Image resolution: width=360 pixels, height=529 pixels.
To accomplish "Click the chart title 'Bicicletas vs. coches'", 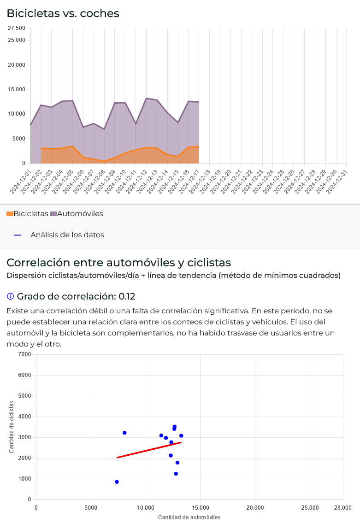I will (x=63, y=13).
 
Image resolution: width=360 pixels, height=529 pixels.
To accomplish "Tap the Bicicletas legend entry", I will (x=27, y=214).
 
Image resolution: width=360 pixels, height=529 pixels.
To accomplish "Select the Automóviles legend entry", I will (x=77, y=214).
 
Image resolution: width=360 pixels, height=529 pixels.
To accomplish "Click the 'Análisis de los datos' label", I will (x=67, y=235).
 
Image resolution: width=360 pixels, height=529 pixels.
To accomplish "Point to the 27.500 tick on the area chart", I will (x=17, y=29).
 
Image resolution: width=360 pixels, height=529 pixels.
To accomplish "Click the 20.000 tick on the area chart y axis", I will (x=17, y=65).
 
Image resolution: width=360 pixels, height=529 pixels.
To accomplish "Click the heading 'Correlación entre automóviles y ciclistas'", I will (x=118, y=263).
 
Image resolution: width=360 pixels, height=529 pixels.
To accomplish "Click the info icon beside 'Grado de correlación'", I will (x=10, y=297).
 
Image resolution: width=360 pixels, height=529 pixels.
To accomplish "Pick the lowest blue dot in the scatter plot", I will (x=117, y=482).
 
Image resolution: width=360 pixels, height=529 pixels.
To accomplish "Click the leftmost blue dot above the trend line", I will (x=124, y=433).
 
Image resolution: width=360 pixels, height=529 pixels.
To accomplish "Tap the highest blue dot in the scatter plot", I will (x=174, y=427).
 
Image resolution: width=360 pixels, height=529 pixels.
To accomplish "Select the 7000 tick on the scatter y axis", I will (x=25, y=354).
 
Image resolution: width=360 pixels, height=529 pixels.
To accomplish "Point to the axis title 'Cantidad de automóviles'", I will (x=189, y=517).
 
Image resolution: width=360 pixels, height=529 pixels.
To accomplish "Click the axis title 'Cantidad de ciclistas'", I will (x=12, y=427).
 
